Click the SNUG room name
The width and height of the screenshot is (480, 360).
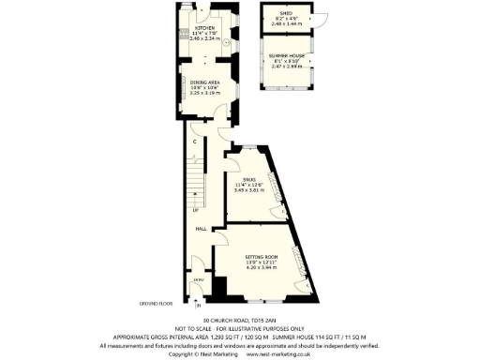point(248,178)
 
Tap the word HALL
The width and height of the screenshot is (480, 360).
point(201,228)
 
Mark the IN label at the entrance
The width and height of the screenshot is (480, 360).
point(198,306)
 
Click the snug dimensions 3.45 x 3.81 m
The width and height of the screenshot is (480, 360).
point(248,190)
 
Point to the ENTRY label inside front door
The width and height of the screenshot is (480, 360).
point(198,279)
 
